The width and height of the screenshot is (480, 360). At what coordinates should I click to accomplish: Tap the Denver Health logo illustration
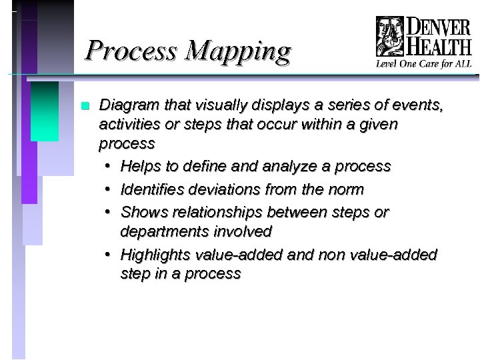390,37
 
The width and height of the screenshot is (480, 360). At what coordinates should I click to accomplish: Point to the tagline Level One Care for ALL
423,64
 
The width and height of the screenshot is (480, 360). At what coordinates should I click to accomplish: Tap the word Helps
140,166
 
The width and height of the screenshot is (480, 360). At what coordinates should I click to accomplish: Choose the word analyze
274,166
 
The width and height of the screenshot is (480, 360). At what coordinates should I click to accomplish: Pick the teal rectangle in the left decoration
45,111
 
